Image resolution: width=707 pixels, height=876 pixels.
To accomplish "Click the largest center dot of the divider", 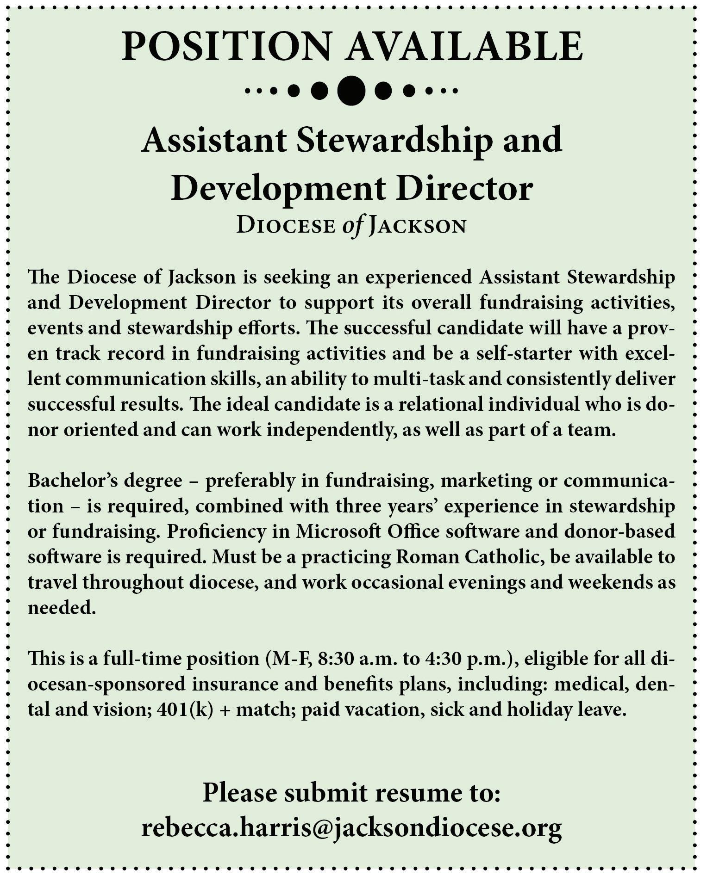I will coord(351,90).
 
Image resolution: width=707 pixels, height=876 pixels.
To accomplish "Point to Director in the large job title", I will coord(464,190).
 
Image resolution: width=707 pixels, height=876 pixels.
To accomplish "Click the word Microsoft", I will coord(342,531).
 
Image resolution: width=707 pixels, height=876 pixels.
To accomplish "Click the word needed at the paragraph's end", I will coord(62,608).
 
